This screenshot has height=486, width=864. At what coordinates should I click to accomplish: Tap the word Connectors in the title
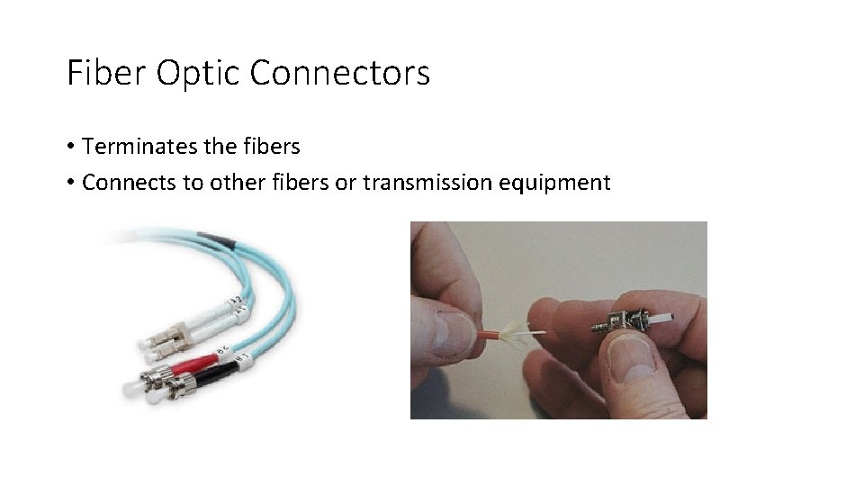(340, 73)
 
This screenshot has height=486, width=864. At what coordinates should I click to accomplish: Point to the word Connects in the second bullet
(124, 183)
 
